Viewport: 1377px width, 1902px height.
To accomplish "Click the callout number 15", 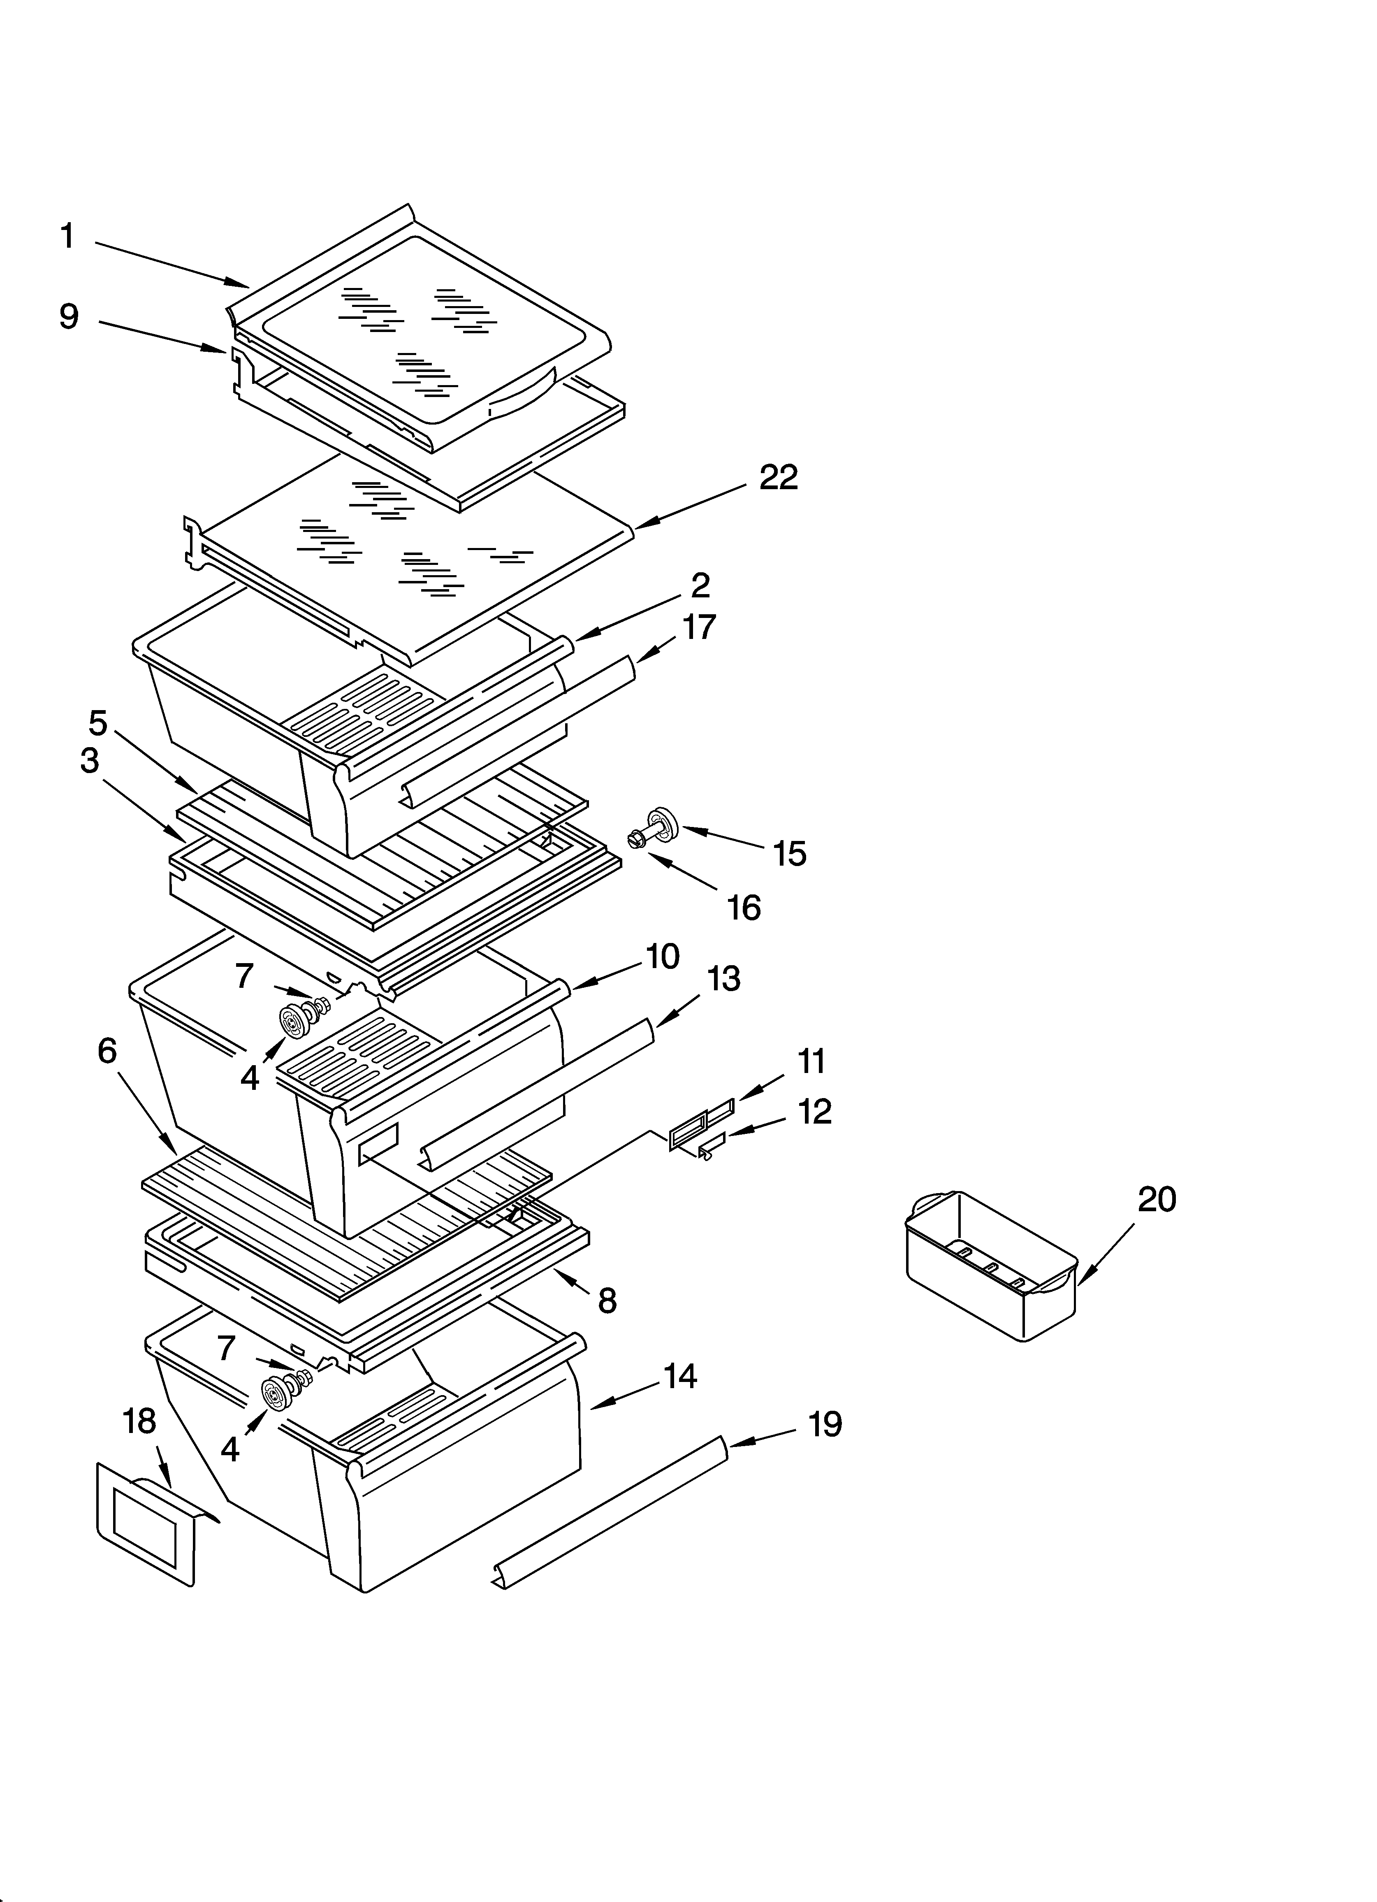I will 789,854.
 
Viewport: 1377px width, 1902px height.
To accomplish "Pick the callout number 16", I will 744,908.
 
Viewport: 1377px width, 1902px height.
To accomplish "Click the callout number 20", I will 1157,1199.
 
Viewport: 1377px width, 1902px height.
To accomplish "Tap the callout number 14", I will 680,1376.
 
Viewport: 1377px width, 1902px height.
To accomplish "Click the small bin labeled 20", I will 990,1266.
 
